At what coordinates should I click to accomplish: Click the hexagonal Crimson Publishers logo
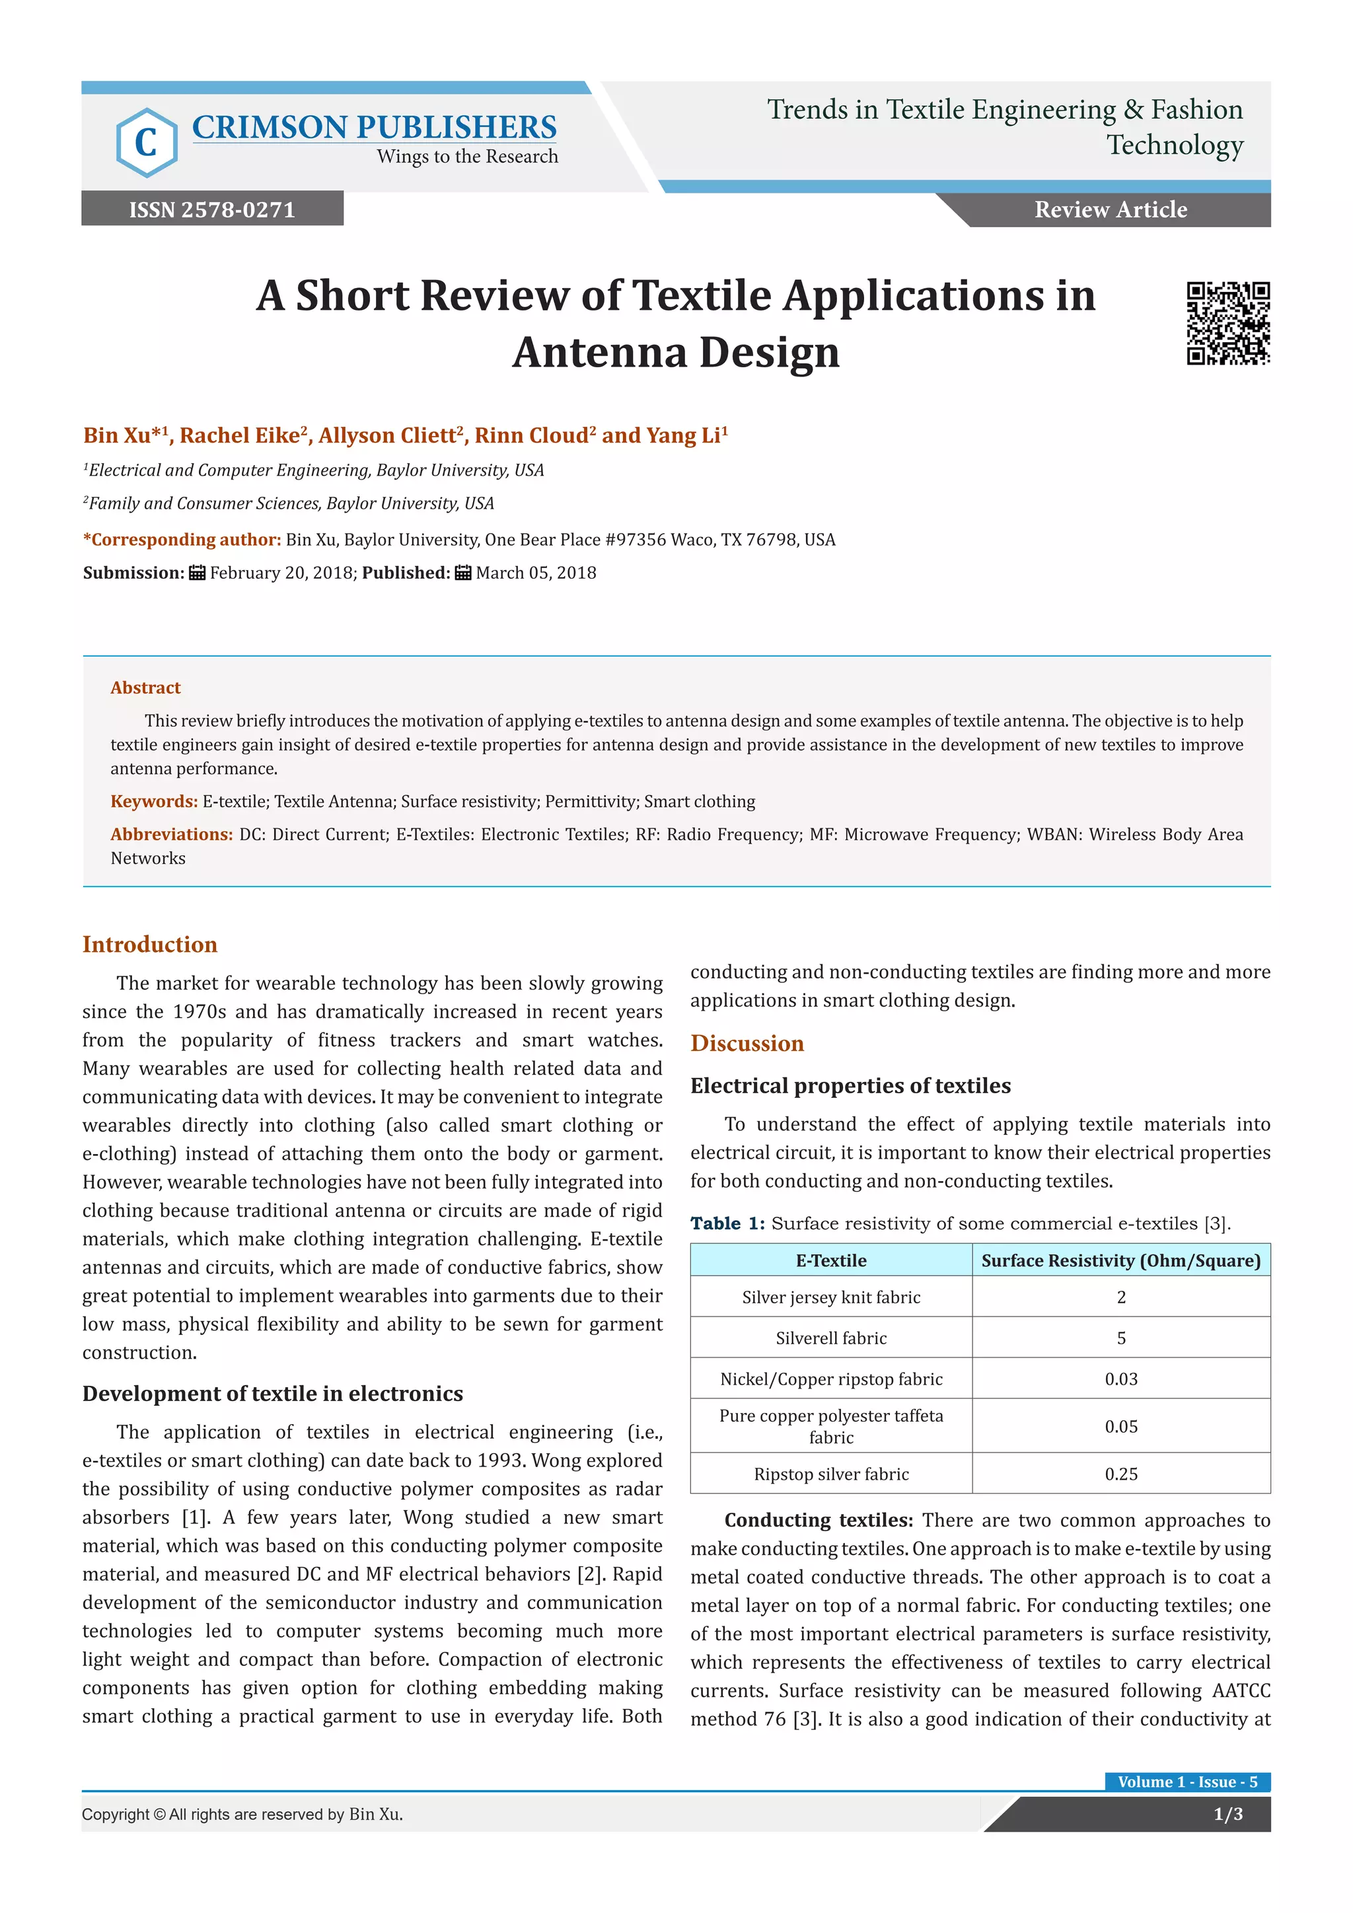pyautogui.click(x=147, y=143)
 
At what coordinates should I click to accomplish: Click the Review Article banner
pyautogui.click(x=1110, y=209)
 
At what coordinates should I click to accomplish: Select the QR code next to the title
pyautogui.click(x=1227, y=323)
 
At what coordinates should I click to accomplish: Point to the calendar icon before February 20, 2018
pyautogui.click(x=198, y=573)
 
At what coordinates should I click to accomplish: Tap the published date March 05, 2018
pyautogui.click(x=536, y=573)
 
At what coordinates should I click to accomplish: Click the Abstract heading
pyautogui.click(x=146, y=688)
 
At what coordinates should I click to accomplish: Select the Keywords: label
pyautogui.click(x=154, y=801)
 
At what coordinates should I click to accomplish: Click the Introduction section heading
pyautogui.click(x=150, y=944)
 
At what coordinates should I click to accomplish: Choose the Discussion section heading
pyautogui.click(x=747, y=1043)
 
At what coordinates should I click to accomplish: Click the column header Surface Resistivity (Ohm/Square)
pyautogui.click(x=1120, y=1260)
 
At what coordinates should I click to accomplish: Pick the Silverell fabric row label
pyautogui.click(x=830, y=1338)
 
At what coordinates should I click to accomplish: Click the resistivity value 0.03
pyautogui.click(x=1120, y=1379)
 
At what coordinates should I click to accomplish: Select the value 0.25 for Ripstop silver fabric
pyautogui.click(x=1120, y=1474)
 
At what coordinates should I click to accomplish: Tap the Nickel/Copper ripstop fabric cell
pyautogui.click(x=830, y=1379)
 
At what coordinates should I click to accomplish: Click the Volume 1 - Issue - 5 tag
pyautogui.click(x=1187, y=1782)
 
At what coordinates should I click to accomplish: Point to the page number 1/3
pyautogui.click(x=1227, y=1814)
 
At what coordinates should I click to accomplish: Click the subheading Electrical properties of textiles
pyautogui.click(x=850, y=1086)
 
